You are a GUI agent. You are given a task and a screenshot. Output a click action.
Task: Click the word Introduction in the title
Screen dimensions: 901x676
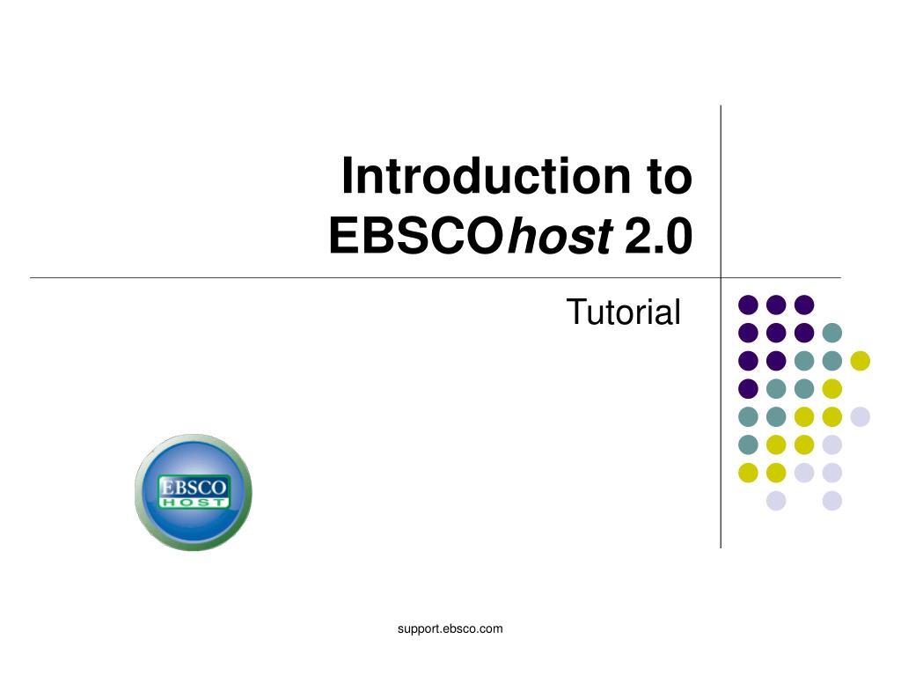pos(486,176)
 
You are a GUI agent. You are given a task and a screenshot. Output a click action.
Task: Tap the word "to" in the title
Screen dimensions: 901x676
pos(670,178)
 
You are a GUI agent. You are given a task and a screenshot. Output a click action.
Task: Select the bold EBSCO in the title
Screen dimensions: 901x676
pos(416,235)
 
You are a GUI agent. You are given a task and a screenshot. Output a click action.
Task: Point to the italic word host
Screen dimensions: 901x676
pos(560,235)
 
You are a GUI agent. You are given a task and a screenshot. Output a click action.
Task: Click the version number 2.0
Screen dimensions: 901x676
pos(658,236)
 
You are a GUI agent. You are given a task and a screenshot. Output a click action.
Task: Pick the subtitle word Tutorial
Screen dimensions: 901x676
pos(624,312)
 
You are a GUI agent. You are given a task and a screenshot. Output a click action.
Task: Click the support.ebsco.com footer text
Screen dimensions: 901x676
pos(450,628)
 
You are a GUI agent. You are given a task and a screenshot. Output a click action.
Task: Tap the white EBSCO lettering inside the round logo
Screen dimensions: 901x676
pos(193,487)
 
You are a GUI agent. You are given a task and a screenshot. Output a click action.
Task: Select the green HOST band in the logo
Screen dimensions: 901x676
pos(194,503)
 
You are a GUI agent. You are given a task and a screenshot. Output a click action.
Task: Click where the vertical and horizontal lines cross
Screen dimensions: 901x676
pos(721,277)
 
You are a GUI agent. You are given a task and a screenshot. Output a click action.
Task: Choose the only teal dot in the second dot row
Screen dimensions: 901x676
pos(832,333)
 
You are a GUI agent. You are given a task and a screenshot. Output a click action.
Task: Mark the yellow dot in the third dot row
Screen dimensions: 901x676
pos(861,361)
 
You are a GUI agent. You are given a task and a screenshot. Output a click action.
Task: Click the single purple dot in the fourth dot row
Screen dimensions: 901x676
pos(748,389)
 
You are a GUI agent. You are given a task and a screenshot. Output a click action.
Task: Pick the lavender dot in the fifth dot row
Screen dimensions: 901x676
pos(861,416)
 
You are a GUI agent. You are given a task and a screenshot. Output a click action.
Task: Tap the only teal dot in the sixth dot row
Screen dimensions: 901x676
pos(748,445)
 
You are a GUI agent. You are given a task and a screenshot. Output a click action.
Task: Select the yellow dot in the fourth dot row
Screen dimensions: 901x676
pos(832,389)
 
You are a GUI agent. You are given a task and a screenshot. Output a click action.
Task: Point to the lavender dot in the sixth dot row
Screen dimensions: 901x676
pos(832,445)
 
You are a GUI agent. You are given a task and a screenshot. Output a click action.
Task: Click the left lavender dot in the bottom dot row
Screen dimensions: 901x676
pos(776,501)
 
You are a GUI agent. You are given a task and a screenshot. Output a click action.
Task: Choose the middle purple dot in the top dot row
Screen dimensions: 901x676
pos(776,305)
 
